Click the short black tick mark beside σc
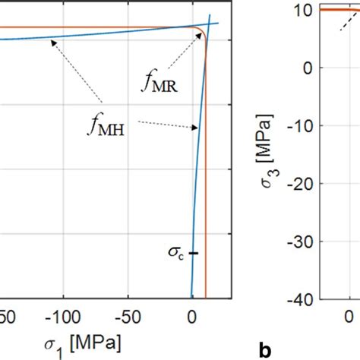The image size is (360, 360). click(194, 253)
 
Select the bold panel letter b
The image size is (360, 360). click(264, 350)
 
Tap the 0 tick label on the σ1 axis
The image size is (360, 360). click(191, 314)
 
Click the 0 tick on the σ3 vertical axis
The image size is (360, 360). click(309, 68)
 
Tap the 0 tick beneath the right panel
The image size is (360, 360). click(349, 314)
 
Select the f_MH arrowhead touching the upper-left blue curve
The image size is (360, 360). click(50, 42)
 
